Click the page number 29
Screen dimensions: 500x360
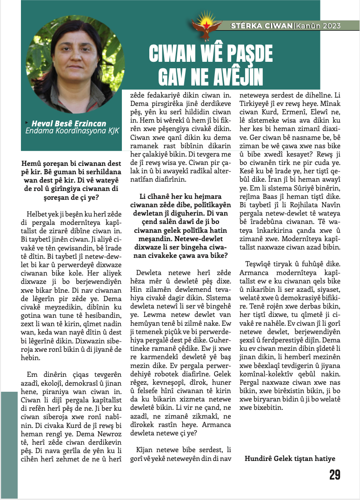pyautogui.click(x=334, y=474)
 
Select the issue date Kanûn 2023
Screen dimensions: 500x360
pyautogui.click(x=318, y=26)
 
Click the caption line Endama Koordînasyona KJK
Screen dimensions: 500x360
pyautogui.click(x=72, y=131)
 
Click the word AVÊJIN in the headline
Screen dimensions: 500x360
pyautogui.click(x=232, y=76)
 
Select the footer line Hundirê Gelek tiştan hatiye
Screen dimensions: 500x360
pyautogui.click(x=290, y=459)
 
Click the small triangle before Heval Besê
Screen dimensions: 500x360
pyautogui.click(x=27, y=123)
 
